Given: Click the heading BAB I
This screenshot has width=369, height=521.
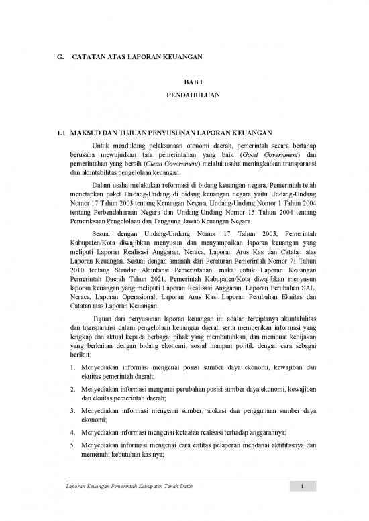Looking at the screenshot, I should pos(184,81).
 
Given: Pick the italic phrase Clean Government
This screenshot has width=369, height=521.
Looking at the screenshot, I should pos(148,163).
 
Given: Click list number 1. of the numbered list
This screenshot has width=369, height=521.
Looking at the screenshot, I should pos(72,368).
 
